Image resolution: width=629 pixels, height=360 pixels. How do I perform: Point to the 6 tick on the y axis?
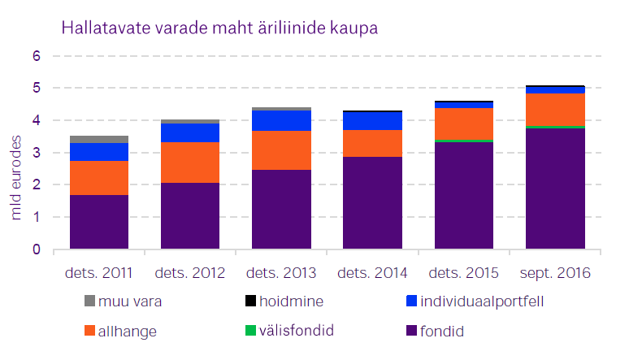tap(36, 56)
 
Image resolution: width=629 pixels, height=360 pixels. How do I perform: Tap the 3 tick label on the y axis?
tap(36, 153)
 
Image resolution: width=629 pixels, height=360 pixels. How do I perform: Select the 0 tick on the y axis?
tap(36, 249)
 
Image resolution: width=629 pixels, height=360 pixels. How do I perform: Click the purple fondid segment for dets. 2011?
tap(99, 222)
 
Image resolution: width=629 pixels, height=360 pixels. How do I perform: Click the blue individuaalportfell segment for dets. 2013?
tap(281, 120)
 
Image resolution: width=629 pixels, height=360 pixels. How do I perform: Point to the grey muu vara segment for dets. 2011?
tap(99, 139)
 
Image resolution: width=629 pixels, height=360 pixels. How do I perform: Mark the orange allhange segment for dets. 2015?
tap(464, 124)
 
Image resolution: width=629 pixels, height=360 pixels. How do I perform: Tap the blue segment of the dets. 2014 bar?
tap(373, 120)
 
